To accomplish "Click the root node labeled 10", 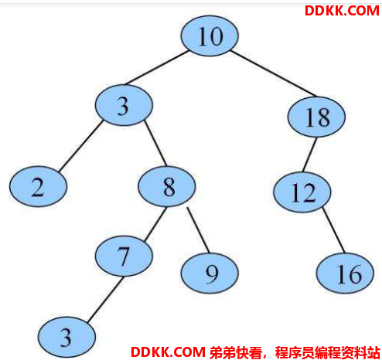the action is [210, 36].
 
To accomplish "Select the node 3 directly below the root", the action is [124, 105].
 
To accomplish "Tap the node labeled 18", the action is [316, 117].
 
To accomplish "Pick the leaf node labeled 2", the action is [38, 186].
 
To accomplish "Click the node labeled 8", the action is [167, 186].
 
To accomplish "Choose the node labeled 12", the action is [302, 192].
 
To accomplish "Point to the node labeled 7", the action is [124, 256].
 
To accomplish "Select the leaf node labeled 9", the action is [210, 273].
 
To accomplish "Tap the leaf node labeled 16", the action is [345, 273].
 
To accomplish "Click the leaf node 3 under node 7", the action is [67, 337].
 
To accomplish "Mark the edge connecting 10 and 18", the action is [274, 73].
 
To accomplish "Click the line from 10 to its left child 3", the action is [156, 68].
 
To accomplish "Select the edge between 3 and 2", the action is [80, 146].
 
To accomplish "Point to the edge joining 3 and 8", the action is [155, 143].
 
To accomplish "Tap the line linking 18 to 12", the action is [309, 155].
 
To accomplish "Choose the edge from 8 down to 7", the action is [155, 224].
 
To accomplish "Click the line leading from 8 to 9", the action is [198, 230].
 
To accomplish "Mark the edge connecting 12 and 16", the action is [333, 230].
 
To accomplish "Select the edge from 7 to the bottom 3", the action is [105, 300].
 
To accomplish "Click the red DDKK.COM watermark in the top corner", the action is [342, 11].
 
